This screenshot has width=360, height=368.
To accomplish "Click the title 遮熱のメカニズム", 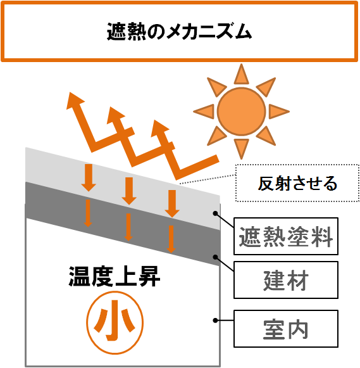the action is point(179,31).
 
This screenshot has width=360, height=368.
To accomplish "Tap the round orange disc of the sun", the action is point(241,111).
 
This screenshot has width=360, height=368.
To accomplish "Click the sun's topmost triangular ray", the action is point(241,74).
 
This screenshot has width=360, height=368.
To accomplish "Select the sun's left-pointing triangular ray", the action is point(204,111).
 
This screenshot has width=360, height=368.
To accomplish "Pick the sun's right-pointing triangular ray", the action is point(279,111).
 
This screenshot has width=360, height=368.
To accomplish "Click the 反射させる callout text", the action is point(297,183).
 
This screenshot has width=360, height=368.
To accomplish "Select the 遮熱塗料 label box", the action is point(286,236).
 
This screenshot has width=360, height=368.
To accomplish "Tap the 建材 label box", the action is point(286,280).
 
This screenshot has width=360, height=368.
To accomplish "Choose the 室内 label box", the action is point(286,329).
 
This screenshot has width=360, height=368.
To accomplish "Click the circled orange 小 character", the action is point(115,322).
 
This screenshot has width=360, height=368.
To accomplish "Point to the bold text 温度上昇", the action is point(115,276).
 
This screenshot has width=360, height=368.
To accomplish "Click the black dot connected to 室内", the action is point(215,320).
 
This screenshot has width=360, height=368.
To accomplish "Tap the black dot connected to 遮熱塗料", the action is point(215,213).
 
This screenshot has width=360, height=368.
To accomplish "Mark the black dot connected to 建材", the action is point(215,257).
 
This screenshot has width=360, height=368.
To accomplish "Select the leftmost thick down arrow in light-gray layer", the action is point(89,178).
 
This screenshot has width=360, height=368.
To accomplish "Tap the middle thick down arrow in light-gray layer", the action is point(129,191).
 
